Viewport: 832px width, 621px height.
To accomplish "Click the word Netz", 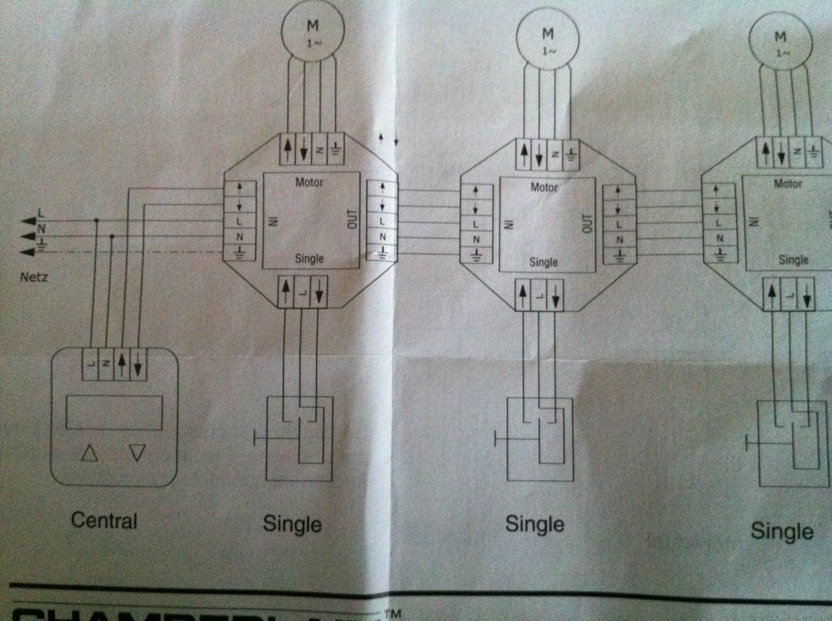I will tap(34, 278).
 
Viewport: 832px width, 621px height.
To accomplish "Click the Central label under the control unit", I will tap(104, 520).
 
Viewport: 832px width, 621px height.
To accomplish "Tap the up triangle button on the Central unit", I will tap(90, 453).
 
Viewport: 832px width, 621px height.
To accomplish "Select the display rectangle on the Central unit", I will tap(114, 412).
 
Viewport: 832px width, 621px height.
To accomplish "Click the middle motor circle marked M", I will tap(548, 38).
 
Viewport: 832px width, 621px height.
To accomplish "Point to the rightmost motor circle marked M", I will tap(780, 42).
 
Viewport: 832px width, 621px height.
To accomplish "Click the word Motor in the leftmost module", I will tap(309, 183).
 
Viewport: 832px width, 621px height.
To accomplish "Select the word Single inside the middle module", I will tap(543, 262).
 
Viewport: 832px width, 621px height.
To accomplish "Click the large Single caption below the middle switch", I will tap(534, 524).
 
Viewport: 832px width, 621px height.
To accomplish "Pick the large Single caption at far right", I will tap(782, 531).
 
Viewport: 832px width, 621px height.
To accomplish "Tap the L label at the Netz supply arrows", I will tap(41, 213).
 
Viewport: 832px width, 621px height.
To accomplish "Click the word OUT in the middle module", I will tap(588, 224).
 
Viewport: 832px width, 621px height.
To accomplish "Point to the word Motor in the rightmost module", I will tap(788, 184).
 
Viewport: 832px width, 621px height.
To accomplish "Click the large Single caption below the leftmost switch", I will tap(292, 524).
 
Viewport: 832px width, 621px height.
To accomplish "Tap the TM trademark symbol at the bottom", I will tap(393, 613).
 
